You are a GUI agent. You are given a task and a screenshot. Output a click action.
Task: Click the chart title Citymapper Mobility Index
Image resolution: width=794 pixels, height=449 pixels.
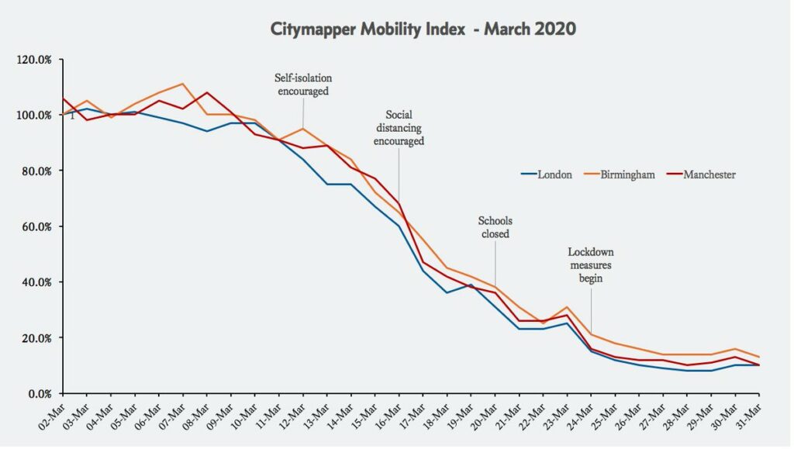pyautogui.click(x=423, y=29)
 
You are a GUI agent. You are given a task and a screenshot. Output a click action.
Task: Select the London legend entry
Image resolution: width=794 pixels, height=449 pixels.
pyautogui.click(x=554, y=174)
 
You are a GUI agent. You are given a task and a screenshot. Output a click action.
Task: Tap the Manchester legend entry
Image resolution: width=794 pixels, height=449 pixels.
pyautogui.click(x=709, y=174)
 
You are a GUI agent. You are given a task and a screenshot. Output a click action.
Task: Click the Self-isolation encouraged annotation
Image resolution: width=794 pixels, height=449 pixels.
pyautogui.click(x=302, y=84)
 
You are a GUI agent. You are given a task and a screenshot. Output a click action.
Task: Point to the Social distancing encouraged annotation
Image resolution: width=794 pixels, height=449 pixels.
pyautogui.click(x=399, y=130)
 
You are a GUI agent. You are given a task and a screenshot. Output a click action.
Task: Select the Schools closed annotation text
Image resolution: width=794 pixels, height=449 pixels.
pyautogui.click(x=495, y=226)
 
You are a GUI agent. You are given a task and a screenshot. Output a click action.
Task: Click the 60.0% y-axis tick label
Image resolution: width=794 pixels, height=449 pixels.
pyautogui.click(x=36, y=226)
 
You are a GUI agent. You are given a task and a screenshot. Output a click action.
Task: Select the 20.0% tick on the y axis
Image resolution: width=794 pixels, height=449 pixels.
pyautogui.click(x=36, y=338)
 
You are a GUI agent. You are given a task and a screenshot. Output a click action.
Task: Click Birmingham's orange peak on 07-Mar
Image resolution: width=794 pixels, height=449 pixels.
pyautogui.click(x=182, y=84)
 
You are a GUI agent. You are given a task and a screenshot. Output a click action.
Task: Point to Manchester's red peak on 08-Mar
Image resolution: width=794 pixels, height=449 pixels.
pyautogui.click(x=206, y=92)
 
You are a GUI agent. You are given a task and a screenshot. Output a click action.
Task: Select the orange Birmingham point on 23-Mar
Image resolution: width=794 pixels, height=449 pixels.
pyautogui.click(x=567, y=307)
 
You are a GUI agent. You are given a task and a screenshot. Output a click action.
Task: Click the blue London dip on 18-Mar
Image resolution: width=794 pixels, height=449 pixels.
pyautogui.click(x=447, y=292)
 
